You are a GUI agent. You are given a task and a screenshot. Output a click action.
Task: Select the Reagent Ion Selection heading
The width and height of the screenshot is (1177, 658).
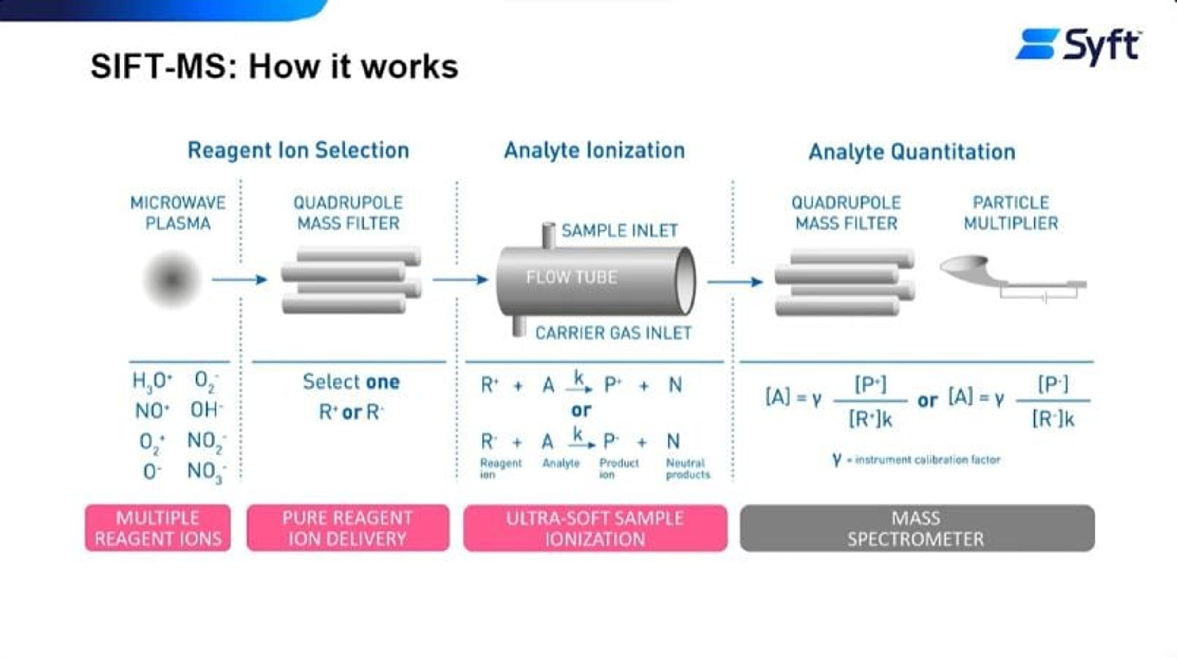(x=298, y=150)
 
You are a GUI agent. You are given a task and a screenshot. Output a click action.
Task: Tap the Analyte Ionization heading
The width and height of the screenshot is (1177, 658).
(x=594, y=150)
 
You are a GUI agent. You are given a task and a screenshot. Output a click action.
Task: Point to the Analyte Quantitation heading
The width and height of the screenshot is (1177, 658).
(x=912, y=152)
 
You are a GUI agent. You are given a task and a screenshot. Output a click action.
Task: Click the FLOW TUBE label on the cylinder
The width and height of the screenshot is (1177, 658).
(x=572, y=277)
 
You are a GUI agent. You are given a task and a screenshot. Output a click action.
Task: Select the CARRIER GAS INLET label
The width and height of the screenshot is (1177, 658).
(x=613, y=333)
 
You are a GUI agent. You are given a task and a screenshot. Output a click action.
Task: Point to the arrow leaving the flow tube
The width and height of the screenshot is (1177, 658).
(x=734, y=282)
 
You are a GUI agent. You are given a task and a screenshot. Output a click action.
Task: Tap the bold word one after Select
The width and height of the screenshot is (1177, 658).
(x=383, y=382)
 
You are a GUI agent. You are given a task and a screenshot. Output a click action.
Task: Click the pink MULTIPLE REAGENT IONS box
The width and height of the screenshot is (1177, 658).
(x=158, y=528)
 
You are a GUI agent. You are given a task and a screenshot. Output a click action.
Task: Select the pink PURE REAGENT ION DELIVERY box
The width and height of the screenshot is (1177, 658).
(x=348, y=528)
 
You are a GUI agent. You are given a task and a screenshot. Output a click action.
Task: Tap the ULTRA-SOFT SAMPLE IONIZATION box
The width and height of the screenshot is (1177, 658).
(x=595, y=528)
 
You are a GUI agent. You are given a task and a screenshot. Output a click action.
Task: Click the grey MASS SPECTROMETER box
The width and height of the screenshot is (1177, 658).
(x=916, y=528)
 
